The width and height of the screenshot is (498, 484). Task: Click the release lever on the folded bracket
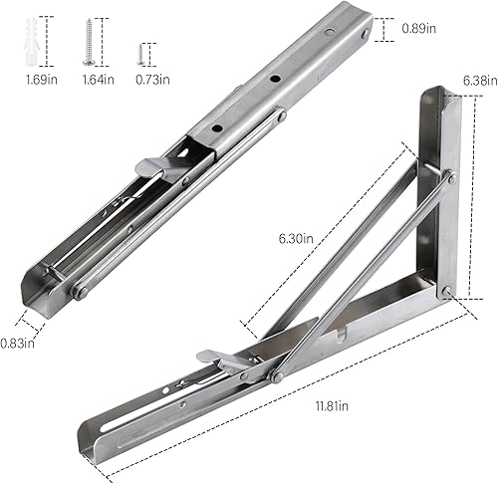click(159, 169)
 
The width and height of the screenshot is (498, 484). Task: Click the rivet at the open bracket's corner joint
click(447, 291)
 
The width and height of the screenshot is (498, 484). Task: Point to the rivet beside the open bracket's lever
click(275, 376)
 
